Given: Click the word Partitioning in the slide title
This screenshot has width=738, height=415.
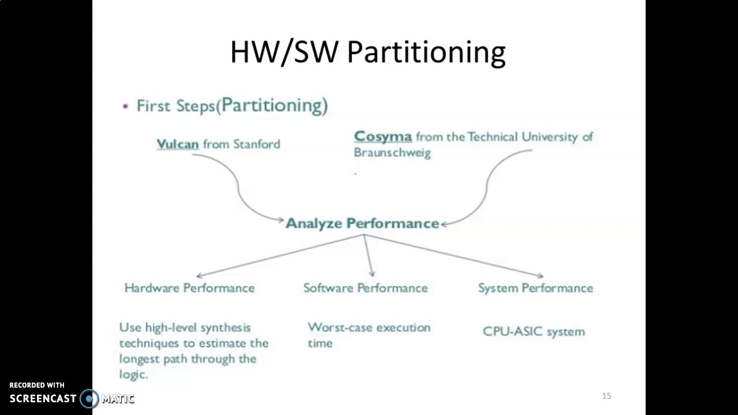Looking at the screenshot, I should [426, 52].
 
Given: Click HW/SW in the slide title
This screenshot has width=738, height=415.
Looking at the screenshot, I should [284, 52].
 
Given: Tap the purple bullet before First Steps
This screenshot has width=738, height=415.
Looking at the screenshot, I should [126, 107].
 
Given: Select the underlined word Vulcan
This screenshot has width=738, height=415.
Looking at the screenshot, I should [178, 144].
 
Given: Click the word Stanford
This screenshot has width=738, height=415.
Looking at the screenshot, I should [257, 144].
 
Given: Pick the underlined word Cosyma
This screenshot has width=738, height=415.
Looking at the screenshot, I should [383, 137].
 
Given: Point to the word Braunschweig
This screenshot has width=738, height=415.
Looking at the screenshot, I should [392, 153].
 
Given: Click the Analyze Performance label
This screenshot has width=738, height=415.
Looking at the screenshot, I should [362, 224].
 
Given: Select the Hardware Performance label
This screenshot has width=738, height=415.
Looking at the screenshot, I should [189, 288].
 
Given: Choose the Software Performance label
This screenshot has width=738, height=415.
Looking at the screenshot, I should [366, 288].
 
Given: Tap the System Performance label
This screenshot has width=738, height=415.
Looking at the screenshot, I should [535, 288].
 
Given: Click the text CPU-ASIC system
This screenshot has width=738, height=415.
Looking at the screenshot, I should [533, 331].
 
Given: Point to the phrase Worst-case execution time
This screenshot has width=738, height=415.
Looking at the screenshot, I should [369, 335].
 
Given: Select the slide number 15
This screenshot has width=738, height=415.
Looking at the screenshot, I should [606, 396].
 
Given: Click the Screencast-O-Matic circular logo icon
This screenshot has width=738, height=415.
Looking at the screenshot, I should [89, 398].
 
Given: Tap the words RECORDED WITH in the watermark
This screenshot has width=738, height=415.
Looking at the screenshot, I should [37, 385].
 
